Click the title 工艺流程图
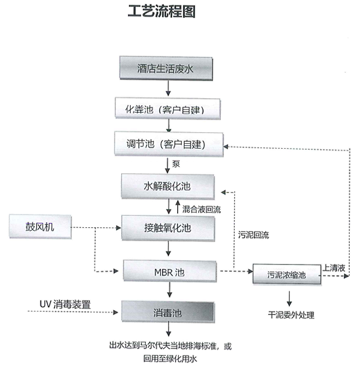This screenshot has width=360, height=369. [x=161, y=12]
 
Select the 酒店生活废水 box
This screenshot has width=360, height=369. [x=166, y=68]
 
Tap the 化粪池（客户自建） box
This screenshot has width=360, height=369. [x=168, y=109]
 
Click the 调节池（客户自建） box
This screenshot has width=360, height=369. [x=169, y=144]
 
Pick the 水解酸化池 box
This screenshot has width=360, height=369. [x=168, y=187]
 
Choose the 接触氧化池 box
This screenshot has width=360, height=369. [x=168, y=228]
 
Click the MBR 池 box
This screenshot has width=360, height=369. [x=170, y=271]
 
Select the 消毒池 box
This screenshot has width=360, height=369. [x=168, y=311]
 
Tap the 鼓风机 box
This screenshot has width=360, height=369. [x=40, y=227]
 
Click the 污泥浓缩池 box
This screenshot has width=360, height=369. [x=287, y=275]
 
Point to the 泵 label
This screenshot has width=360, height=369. [x=176, y=164]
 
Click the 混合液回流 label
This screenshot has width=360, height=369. [x=202, y=209]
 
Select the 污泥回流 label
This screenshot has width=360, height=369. [x=253, y=235]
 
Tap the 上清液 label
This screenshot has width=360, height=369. [x=334, y=268]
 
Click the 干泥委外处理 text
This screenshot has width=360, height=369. [x=291, y=315]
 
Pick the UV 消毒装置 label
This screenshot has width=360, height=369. [x=65, y=304]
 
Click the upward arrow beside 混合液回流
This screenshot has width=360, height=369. [x=178, y=207]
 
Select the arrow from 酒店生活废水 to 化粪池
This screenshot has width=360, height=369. [x=168, y=88]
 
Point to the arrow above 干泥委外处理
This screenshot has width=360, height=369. [x=289, y=298]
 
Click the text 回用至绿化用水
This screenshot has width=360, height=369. [x=170, y=359]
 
